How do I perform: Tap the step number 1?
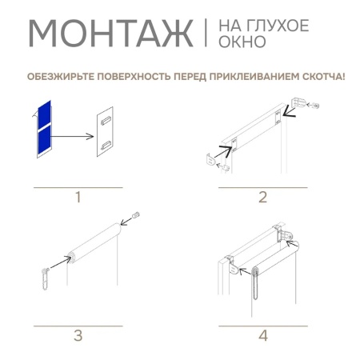click(78, 197)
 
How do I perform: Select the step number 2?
click(262, 197)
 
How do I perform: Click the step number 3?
click(78, 336)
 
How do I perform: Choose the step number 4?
click(262, 336)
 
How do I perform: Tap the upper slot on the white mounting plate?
click(106, 120)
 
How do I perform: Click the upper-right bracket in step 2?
click(302, 103)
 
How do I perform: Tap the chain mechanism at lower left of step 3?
click(44, 276)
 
